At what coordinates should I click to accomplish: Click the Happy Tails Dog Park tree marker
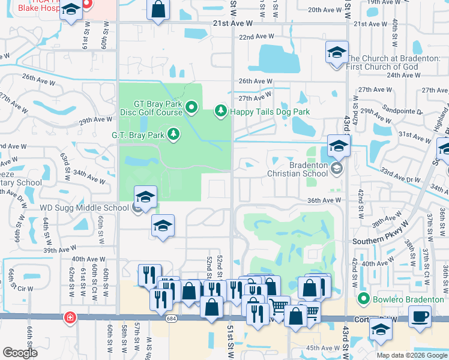(221, 110)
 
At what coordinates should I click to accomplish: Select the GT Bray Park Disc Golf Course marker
(191, 108)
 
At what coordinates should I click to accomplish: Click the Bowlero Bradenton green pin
(363, 298)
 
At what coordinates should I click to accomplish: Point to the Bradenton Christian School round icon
(337, 170)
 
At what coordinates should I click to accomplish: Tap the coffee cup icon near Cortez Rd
(419, 316)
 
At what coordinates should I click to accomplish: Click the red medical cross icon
(70, 316)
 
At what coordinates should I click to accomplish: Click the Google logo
(20, 353)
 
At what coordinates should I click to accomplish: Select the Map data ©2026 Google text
(411, 355)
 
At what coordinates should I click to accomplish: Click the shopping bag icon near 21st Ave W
(158, 11)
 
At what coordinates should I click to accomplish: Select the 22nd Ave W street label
(256, 37)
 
